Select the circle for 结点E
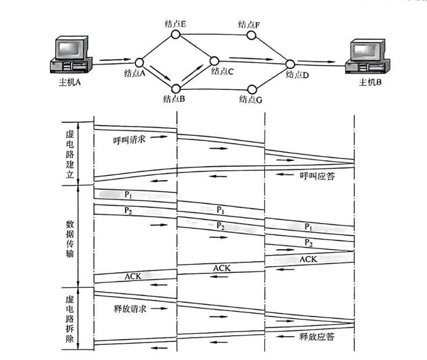point(174,35)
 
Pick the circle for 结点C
point(214,60)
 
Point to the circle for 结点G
point(252,89)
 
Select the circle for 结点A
point(139,62)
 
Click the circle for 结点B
point(174,88)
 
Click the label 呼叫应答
point(317,175)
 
